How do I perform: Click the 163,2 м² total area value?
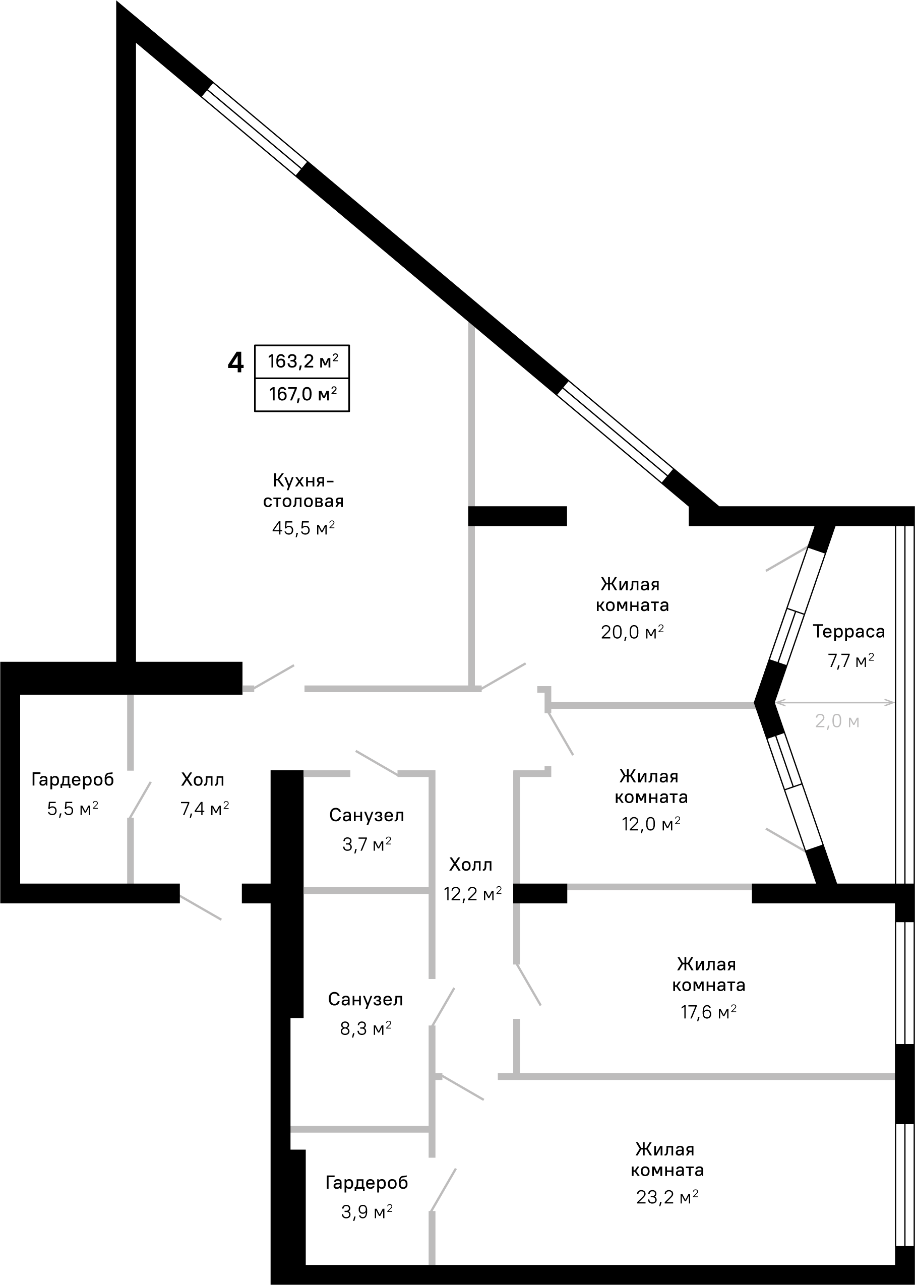(302, 361)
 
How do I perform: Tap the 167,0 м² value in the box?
(302, 394)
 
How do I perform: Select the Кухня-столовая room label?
(303, 491)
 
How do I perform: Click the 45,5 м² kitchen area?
(303, 528)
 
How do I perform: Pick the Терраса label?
(848, 632)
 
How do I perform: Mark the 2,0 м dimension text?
(837, 721)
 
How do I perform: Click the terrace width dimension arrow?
(835, 703)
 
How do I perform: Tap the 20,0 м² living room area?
(632, 632)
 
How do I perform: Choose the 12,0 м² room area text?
(651, 824)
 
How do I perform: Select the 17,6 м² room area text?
(708, 1012)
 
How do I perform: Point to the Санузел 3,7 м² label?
(367, 829)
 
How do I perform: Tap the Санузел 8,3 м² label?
(365, 1013)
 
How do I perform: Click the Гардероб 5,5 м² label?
(73, 794)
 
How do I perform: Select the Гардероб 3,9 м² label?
(367, 1197)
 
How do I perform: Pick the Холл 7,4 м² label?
(204, 794)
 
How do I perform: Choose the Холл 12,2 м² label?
(472, 879)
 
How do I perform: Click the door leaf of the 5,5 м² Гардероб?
(141, 799)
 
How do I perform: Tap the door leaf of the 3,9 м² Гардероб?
(444, 1189)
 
